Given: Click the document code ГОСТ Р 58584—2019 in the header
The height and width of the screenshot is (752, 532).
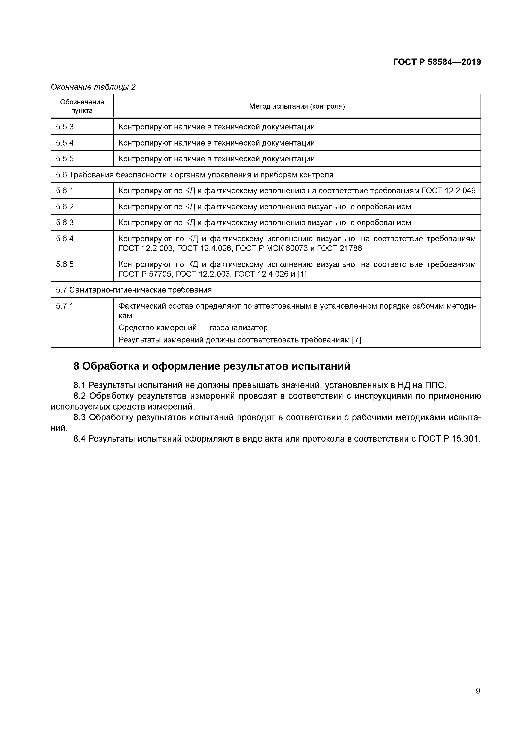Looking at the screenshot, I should [437, 62].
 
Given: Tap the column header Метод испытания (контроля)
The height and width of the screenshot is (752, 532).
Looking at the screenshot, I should [297, 106].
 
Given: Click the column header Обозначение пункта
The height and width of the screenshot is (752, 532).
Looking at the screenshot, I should [82, 106].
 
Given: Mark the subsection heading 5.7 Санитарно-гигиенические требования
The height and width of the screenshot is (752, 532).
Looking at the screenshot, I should [134, 290].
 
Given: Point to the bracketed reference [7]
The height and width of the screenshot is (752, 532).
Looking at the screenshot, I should [356, 340].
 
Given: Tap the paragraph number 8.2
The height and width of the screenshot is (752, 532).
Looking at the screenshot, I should [79, 396].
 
